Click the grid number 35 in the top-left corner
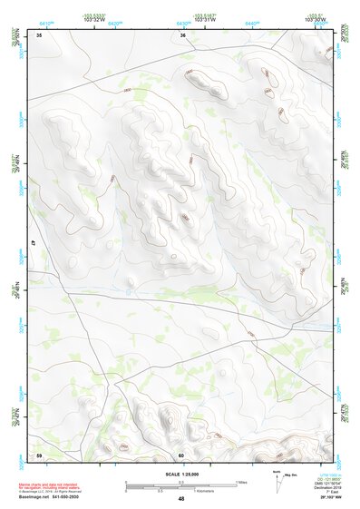coord(39,34)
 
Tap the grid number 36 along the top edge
coord(182,35)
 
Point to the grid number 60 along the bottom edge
coord(181,455)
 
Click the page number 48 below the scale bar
coord(181,498)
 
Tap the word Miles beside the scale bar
coord(241,482)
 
